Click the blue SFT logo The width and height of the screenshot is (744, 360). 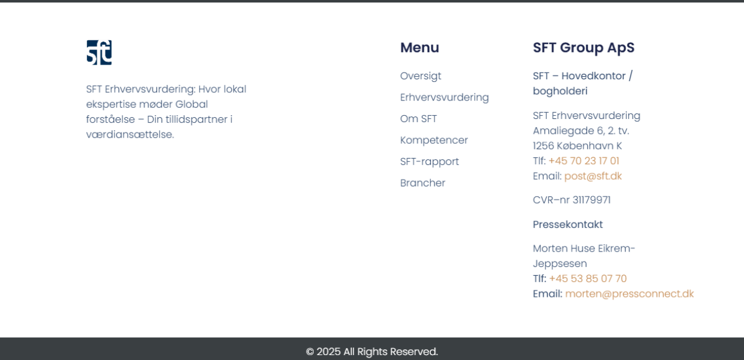99,53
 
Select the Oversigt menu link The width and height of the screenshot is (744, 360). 420,76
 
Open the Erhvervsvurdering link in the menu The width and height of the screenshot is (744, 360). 445,97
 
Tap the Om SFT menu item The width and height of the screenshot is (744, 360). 418,119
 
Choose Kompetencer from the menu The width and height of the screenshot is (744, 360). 434,140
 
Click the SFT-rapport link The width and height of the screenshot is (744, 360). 430,162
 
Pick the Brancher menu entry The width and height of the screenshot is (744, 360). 422,183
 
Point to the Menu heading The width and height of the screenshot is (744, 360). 420,48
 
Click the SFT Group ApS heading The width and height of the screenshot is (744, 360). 583,48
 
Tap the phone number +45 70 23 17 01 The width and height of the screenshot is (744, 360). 584,161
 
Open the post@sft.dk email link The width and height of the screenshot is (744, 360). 593,176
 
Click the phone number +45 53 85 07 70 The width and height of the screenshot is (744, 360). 588,279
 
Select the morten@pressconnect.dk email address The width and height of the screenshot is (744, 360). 629,294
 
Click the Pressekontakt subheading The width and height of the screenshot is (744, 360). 568,225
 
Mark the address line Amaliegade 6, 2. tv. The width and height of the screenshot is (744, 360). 581,131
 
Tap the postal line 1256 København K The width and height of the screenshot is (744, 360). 577,146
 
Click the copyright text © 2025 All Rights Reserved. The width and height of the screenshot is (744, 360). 372,352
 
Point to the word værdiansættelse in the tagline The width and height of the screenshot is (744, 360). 130,134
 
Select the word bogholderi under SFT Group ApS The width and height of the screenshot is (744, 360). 560,91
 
